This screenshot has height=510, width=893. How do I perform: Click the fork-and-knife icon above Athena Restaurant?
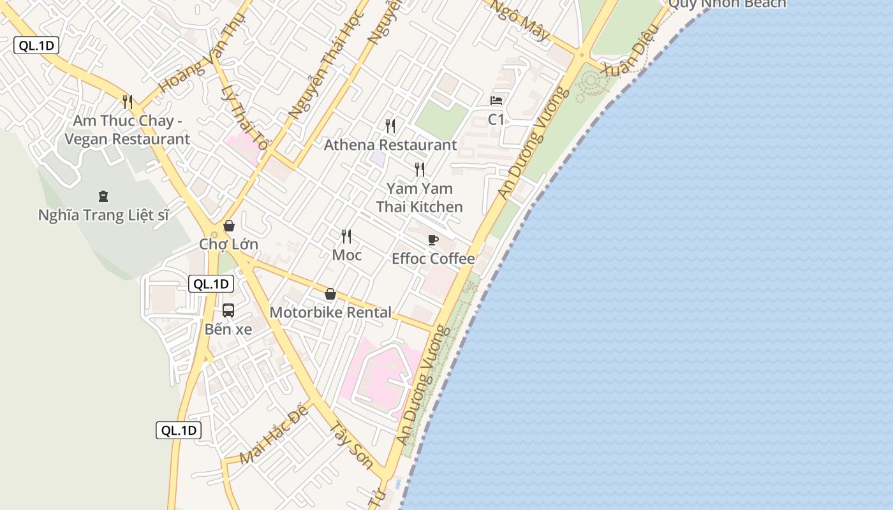[390, 126]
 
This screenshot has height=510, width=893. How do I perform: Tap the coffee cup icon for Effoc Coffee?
[433, 240]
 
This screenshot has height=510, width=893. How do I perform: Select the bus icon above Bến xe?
[228, 310]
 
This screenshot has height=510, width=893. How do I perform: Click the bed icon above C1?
[496, 101]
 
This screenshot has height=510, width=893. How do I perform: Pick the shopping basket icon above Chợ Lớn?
[228, 226]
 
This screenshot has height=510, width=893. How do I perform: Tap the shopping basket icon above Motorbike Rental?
[330, 294]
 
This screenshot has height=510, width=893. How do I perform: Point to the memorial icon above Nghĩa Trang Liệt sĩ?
[103, 196]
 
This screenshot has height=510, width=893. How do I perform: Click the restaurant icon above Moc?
[346, 237]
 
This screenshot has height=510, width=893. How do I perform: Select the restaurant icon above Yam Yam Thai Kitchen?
[420, 169]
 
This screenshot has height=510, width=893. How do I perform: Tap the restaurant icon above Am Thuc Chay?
[128, 101]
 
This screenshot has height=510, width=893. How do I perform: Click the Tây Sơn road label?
[351, 444]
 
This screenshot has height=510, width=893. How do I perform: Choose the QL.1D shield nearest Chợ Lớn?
[211, 284]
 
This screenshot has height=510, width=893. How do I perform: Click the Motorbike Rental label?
[330, 312]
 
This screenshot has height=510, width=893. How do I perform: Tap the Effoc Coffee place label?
[433, 258]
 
